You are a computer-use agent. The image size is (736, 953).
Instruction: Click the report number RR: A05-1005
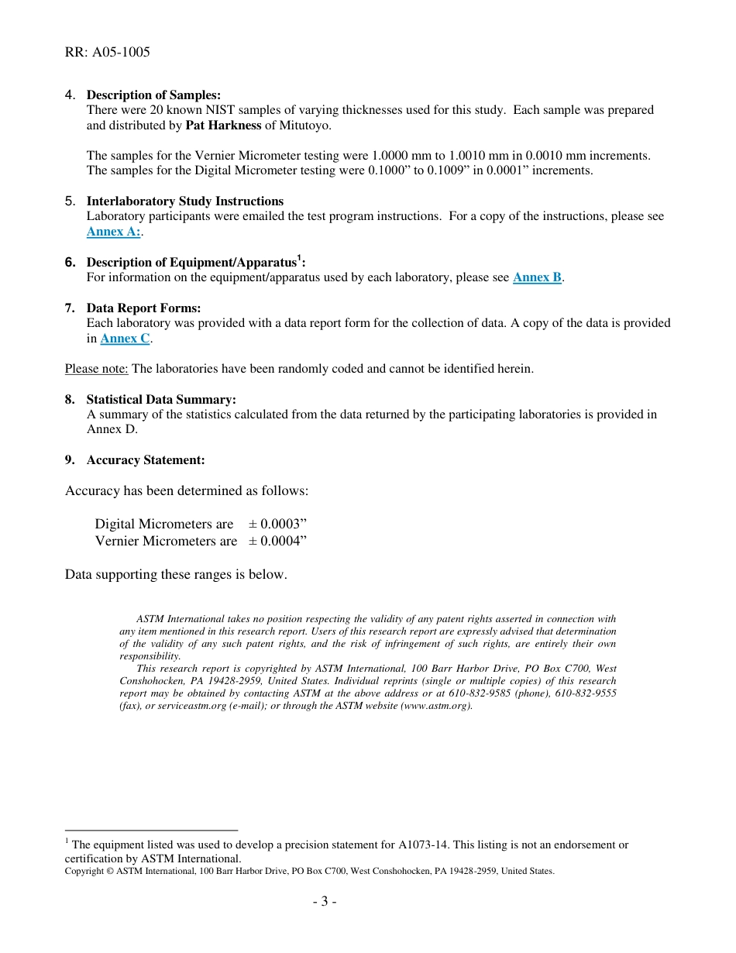point(108,53)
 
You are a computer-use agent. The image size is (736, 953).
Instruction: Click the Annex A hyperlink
point(113,232)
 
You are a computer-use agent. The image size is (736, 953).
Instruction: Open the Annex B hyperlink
point(537,277)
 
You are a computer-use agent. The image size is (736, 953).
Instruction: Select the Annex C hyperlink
point(125,339)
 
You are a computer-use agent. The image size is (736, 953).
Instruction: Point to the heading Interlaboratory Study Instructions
point(184,201)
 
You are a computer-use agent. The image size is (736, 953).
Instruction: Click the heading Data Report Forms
point(143,308)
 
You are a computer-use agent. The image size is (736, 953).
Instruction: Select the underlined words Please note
point(96,369)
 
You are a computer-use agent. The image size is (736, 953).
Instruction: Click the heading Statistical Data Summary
point(161,400)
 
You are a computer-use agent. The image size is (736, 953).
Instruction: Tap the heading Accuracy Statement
point(146,460)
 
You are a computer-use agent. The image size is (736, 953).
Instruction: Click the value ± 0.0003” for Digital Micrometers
point(277,525)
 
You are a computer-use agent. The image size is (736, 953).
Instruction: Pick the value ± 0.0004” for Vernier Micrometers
point(277,542)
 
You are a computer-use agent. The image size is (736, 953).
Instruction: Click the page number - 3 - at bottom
point(325,902)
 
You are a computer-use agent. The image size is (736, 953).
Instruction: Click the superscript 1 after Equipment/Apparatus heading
point(299,259)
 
